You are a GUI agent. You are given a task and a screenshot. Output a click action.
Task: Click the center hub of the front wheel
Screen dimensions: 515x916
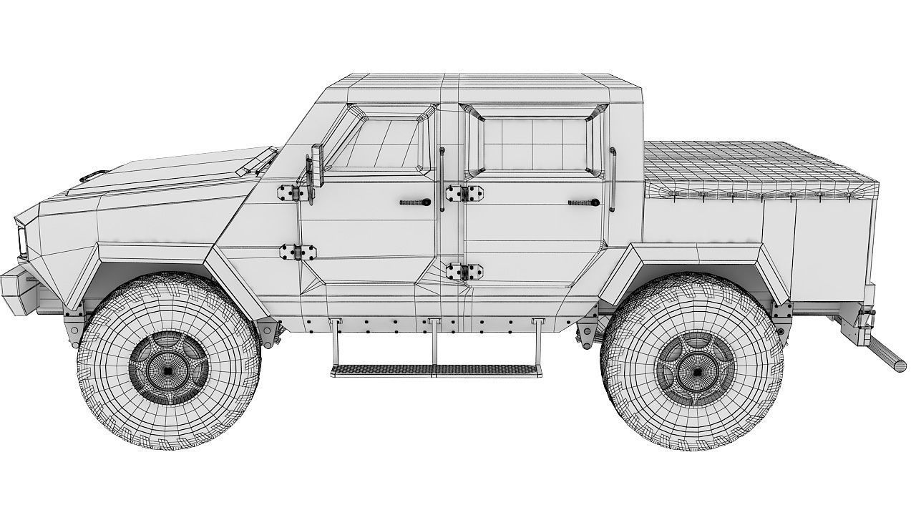pyautogui.click(x=167, y=370)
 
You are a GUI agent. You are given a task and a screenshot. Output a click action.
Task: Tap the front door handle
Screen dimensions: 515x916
pyautogui.click(x=416, y=203)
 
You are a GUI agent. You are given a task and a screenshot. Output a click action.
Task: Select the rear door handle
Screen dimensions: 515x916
pyautogui.click(x=583, y=203)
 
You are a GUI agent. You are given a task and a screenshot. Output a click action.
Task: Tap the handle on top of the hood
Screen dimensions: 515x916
pyautogui.click(x=94, y=175)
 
